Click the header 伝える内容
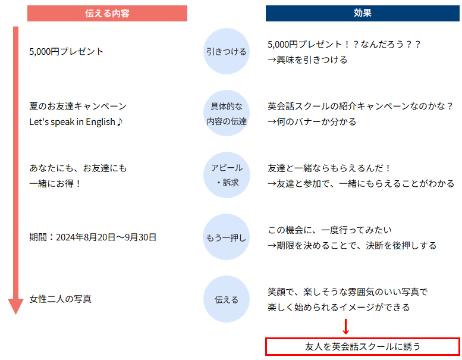[107, 13]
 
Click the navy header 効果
[363, 13]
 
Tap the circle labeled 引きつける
[227, 51]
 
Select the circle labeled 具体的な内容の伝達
[227, 113]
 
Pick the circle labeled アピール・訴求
[227, 175]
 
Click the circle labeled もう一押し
[227, 237]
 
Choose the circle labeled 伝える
[227, 299]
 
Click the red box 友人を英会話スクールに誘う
[363, 347]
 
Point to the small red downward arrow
[346, 327]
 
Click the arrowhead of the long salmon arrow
[15, 306]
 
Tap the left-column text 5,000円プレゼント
[66, 52]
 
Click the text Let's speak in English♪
[76, 122]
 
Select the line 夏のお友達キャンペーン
[78, 106]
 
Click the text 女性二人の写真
[61, 299]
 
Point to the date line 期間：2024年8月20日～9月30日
[93, 237]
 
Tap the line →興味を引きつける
[307, 60]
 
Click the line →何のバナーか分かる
[312, 122]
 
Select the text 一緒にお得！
[55, 184]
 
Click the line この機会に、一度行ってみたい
[330, 230]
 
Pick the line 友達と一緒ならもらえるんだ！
[329, 168]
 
